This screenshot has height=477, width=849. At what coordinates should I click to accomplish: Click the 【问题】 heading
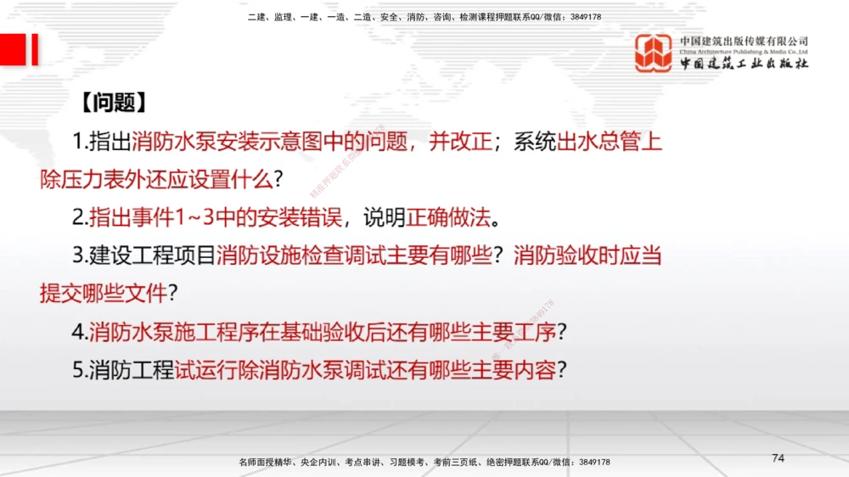tap(112, 103)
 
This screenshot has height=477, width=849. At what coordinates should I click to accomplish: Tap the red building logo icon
tap(654, 53)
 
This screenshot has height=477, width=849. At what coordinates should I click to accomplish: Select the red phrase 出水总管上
tap(609, 142)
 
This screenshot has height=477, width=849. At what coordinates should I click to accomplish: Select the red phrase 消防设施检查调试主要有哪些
tap(356, 255)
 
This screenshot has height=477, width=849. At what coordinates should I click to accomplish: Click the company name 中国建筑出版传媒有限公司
tap(744, 41)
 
